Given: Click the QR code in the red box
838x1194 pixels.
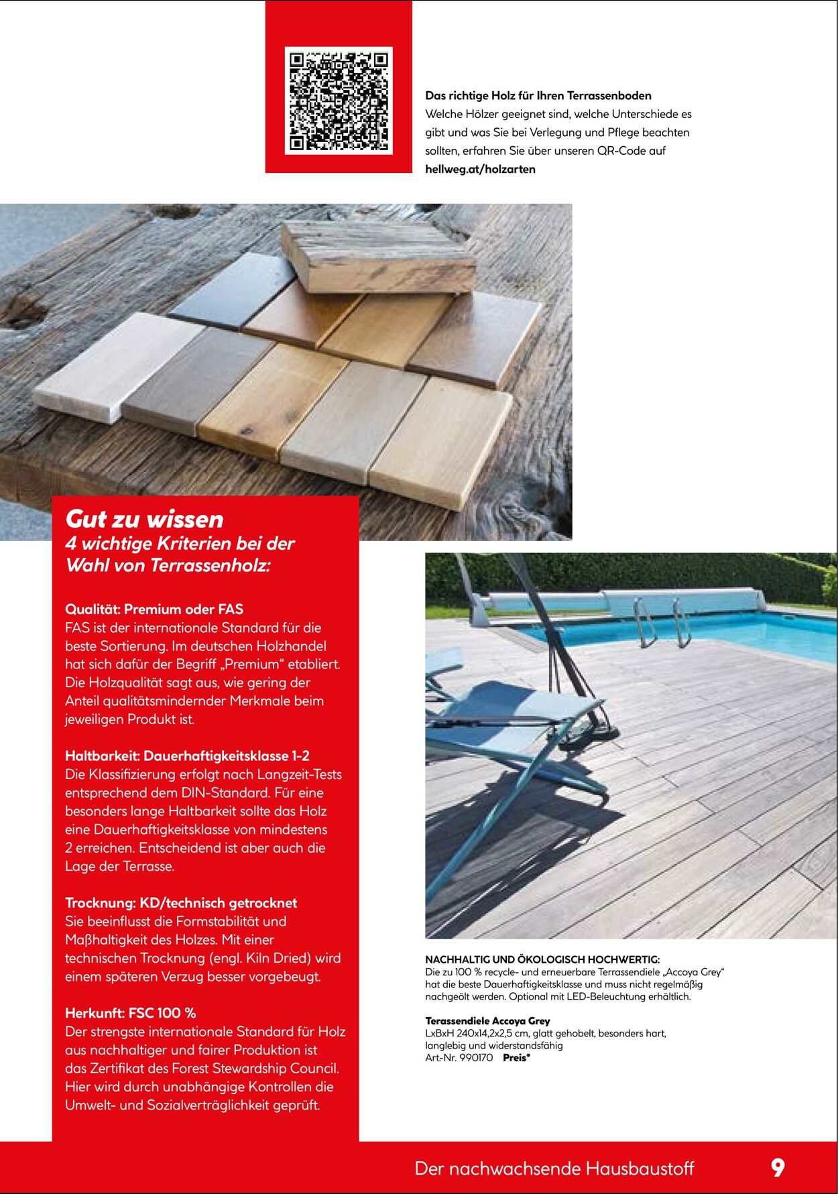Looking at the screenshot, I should (x=339, y=100).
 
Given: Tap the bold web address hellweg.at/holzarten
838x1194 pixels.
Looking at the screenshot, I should (x=480, y=170).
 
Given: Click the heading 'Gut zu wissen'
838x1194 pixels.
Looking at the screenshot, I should (x=144, y=519).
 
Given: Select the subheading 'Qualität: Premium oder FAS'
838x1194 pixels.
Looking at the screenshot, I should (x=154, y=609).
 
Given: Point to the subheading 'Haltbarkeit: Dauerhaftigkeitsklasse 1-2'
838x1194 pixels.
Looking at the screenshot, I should (x=187, y=756).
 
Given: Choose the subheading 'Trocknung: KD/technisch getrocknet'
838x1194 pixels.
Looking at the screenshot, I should (x=181, y=903).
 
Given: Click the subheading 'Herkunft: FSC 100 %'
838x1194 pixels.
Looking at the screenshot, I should (x=130, y=1013).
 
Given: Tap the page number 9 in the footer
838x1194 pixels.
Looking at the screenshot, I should (x=777, y=1168).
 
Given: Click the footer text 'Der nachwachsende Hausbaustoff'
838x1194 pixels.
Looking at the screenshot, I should (x=554, y=1169).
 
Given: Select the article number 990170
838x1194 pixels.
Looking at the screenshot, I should (x=476, y=1058).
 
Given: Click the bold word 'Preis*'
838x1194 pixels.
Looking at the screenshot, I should (x=516, y=1058).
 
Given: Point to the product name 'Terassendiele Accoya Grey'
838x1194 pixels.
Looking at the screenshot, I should (x=487, y=1021).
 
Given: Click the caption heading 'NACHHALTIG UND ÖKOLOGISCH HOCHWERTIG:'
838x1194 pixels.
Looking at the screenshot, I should (x=542, y=960).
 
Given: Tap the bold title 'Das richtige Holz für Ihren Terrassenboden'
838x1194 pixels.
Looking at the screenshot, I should (x=538, y=96).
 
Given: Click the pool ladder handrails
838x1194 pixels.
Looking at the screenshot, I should (x=662, y=621).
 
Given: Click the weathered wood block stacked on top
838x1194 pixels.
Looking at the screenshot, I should (x=379, y=257).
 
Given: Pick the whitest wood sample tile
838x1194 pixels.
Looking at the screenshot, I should (x=117, y=365).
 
